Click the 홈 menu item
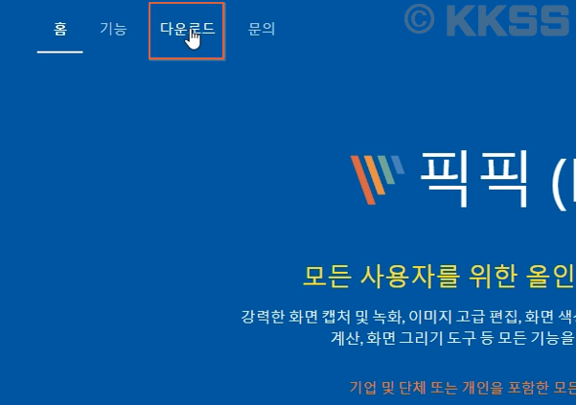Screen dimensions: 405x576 click(x=59, y=30)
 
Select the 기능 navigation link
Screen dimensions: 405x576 click(x=113, y=30)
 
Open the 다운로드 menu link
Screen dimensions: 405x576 click(x=186, y=30)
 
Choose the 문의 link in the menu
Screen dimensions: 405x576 click(x=262, y=30)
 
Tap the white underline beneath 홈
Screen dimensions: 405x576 click(x=59, y=51)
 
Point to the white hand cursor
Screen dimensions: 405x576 click(x=194, y=39)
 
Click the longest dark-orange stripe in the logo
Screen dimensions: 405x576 click(x=363, y=181)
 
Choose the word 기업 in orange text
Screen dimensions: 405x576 click(x=363, y=388)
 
